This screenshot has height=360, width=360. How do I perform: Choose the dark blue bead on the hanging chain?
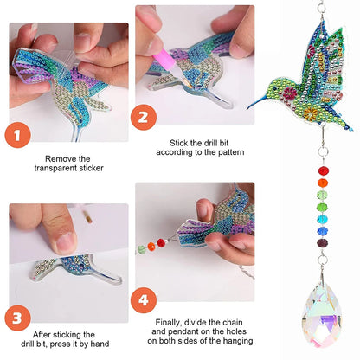coord(325,232)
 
